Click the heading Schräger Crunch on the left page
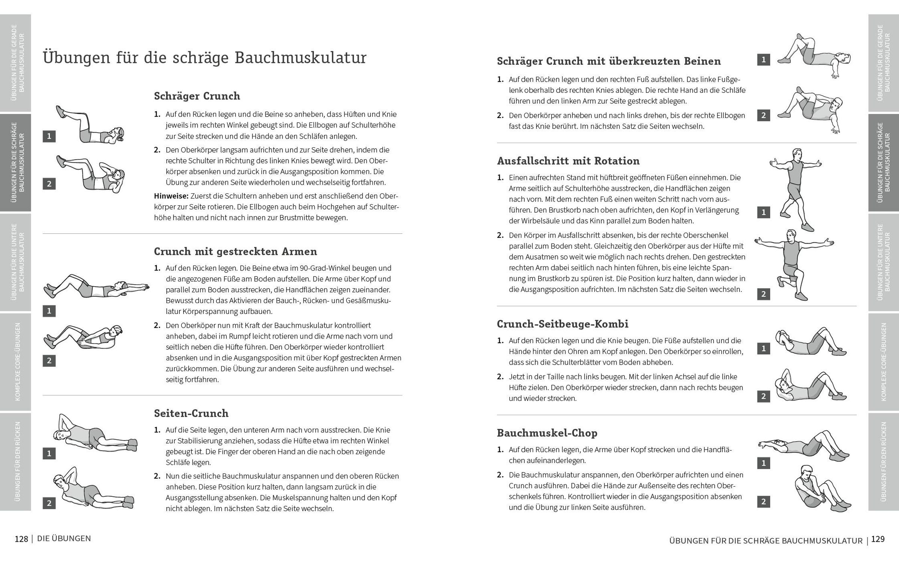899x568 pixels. point(197,96)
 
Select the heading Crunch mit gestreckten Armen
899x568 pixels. point(235,251)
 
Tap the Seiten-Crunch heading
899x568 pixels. point(191,413)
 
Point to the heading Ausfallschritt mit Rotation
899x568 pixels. point(568,161)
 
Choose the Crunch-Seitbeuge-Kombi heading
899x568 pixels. point(562,324)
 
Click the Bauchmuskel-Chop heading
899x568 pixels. point(547,433)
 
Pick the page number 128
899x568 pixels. point(21,539)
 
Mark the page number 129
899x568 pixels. point(878,539)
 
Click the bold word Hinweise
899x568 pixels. point(171,196)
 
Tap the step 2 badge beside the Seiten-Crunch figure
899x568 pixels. point(49,503)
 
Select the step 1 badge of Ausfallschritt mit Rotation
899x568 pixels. point(763,212)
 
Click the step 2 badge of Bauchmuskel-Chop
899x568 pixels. point(763,501)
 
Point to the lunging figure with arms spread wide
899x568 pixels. point(794,264)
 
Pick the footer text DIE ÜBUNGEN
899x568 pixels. point(64,538)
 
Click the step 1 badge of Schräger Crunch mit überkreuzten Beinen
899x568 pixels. point(763,60)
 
